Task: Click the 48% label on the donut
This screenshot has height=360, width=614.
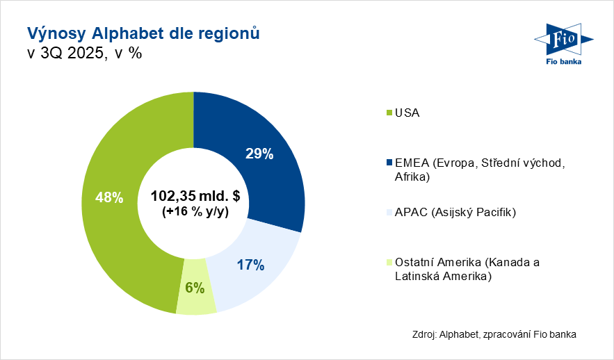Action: pos(109,198)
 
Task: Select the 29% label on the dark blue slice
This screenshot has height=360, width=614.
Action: pos(259,154)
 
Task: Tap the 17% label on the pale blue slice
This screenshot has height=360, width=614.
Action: pos(250,265)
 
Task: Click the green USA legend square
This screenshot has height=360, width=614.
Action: pos(388,113)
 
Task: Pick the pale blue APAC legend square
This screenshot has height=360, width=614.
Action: pos(388,212)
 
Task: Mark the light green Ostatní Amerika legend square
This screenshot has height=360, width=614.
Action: pos(388,262)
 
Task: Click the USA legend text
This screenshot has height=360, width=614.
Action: pos(407,113)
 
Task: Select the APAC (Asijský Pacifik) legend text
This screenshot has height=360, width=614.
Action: pos(455,212)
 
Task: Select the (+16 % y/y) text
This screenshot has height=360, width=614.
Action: pos(195,212)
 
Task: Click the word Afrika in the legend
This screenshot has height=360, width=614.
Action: pos(410,177)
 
